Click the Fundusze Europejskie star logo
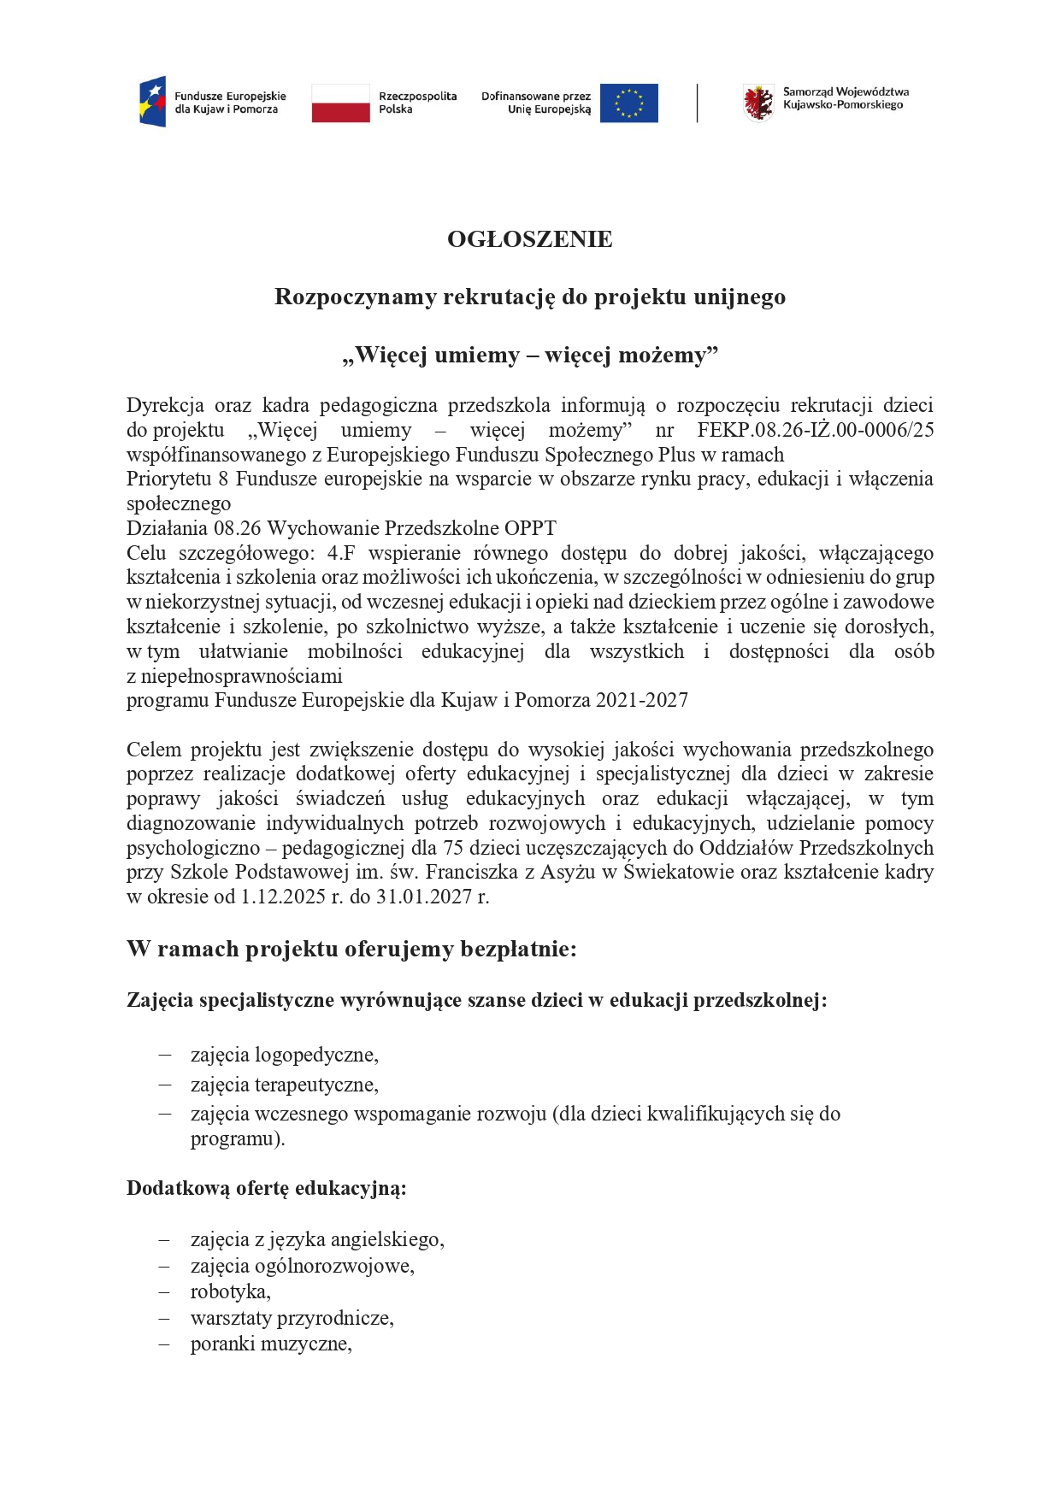[152, 102]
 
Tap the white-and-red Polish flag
[340, 103]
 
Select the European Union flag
[628, 103]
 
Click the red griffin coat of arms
[757, 103]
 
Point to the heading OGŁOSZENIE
[530, 239]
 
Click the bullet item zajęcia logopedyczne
[284, 1056]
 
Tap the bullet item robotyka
[230, 1291]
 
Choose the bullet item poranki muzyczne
[271, 1344]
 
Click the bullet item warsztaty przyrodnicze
[292, 1318]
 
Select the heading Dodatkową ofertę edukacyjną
[266, 1188]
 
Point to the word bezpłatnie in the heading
[518, 950]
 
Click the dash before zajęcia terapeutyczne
[165, 1085]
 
